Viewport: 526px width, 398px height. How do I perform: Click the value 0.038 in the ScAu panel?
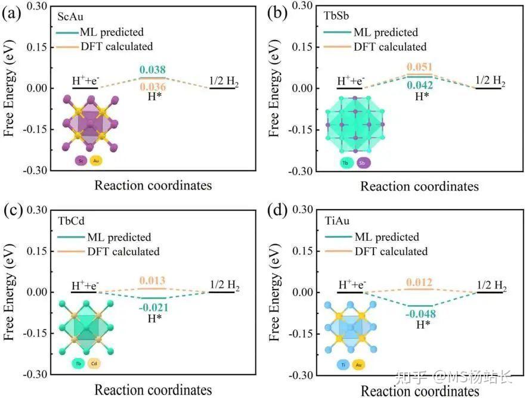[x=153, y=69]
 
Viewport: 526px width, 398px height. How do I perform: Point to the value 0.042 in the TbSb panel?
[x=420, y=85]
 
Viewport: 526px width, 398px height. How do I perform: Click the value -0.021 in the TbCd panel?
[x=154, y=307]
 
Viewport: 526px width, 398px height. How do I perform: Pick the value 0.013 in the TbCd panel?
[x=153, y=281]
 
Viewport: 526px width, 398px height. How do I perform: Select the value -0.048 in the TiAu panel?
[x=420, y=314]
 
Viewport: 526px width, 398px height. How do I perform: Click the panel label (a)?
[x=13, y=14]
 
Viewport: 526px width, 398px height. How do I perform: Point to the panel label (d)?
[x=280, y=211]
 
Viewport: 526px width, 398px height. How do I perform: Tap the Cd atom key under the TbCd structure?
[x=95, y=363]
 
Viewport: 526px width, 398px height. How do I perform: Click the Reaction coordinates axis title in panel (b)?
[x=419, y=186]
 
